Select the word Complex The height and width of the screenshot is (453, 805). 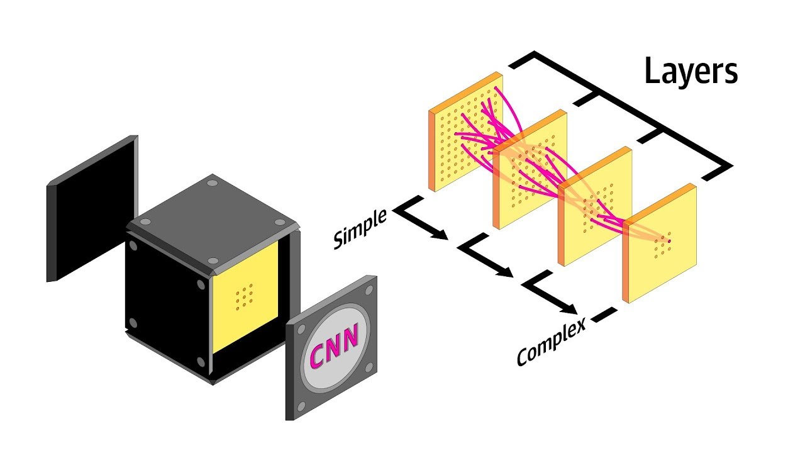(551, 342)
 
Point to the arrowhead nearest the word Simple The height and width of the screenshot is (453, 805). (441, 236)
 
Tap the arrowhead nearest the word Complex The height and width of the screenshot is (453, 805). (571, 309)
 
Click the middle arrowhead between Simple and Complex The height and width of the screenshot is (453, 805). (508, 272)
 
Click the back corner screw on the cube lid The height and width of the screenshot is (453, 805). (212, 183)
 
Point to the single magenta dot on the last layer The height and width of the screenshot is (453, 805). (669, 241)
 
